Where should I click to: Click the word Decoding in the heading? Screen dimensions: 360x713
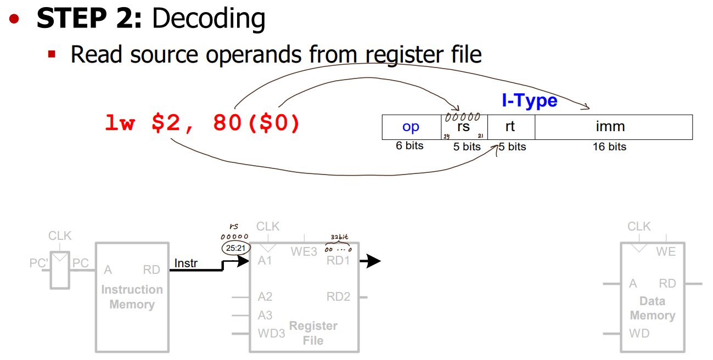[x=209, y=19]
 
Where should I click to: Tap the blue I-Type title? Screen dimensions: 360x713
[x=529, y=100]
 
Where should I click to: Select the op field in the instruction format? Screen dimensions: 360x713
[x=411, y=127]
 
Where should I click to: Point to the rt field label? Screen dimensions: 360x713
[x=510, y=127]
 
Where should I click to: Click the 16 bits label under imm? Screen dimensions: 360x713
[x=609, y=147]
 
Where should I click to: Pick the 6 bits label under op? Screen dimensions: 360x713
[x=409, y=146]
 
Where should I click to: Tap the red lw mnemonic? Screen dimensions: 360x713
[x=120, y=123]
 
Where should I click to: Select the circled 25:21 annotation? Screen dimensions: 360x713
[x=235, y=249]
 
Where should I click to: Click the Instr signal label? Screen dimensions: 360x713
[x=186, y=263]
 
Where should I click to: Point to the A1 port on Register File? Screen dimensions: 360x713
[x=265, y=261]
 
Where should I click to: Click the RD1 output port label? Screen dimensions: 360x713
[x=338, y=261]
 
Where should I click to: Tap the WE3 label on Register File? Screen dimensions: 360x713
[x=304, y=252]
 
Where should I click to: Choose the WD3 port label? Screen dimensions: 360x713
[x=271, y=333]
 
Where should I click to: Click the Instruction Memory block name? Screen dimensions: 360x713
[x=132, y=297]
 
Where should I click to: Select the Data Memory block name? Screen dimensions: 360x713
[x=652, y=308]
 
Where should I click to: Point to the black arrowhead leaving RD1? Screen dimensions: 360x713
[x=373, y=261]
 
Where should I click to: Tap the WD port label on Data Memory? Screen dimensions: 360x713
[x=639, y=333]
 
